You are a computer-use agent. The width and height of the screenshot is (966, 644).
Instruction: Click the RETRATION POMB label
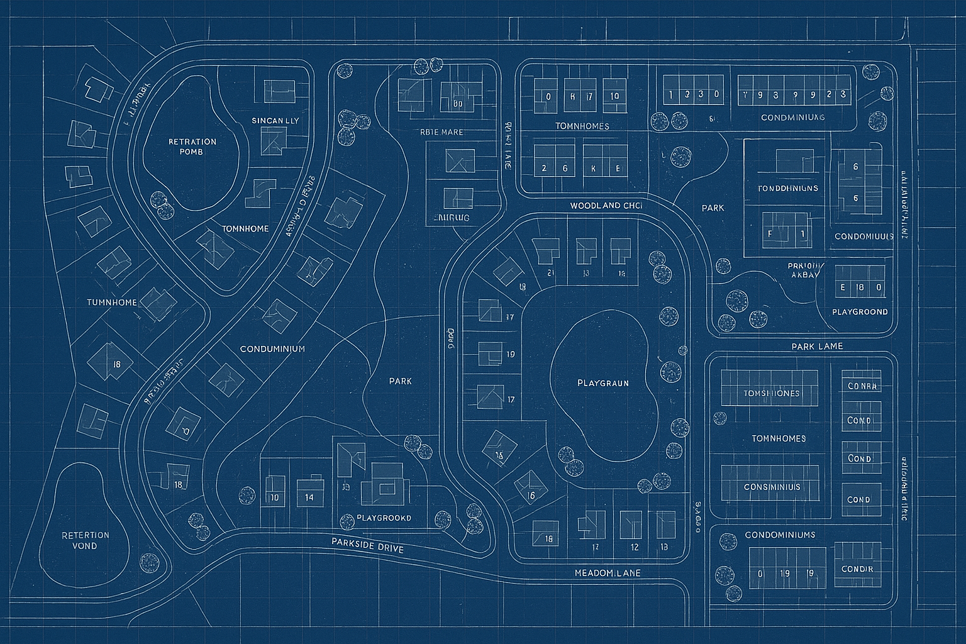pyautogui.click(x=192, y=147)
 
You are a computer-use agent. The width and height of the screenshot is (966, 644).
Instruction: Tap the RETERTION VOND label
pyautogui.click(x=86, y=540)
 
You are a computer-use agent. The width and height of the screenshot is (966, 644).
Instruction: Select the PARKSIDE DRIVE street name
pyautogui.click(x=367, y=545)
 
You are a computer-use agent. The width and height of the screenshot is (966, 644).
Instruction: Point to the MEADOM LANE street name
pyautogui.click(x=608, y=574)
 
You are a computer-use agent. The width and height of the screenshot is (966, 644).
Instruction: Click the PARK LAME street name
pyautogui.click(x=817, y=346)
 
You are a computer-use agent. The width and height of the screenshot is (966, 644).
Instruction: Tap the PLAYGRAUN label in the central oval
pyautogui.click(x=602, y=382)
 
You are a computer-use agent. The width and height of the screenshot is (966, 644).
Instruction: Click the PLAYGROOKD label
pyautogui.click(x=384, y=518)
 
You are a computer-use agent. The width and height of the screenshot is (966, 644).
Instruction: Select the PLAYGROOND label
pyautogui.click(x=860, y=312)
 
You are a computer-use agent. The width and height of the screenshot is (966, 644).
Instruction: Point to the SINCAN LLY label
pyautogui.click(x=275, y=121)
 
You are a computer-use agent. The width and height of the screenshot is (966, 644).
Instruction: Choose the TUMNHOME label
pyautogui.click(x=112, y=303)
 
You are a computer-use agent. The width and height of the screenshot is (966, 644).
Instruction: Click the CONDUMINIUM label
pyautogui.click(x=272, y=348)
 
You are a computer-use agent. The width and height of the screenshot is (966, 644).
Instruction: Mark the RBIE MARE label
pyautogui.click(x=441, y=132)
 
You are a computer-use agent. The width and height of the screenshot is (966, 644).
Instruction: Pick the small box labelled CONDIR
pyautogui.click(x=857, y=569)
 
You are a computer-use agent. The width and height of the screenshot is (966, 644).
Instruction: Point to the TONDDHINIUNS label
pyautogui.click(x=788, y=188)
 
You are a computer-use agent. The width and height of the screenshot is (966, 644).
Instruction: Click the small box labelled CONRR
pyautogui.click(x=861, y=386)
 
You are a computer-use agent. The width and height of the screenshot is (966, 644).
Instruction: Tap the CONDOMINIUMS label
pyautogui.click(x=780, y=535)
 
